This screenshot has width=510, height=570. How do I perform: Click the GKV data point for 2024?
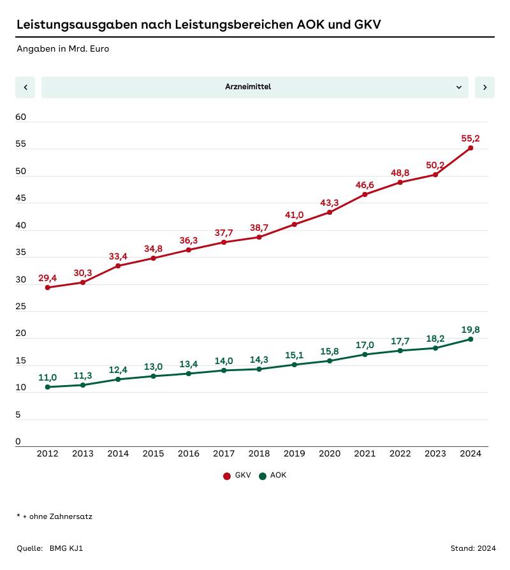point(470,148)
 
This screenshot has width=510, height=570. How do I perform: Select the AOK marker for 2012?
point(48,387)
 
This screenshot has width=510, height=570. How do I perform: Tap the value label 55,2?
point(470,138)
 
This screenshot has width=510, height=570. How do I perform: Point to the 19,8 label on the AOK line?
point(470,330)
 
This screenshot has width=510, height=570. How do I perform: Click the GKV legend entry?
point(237,476)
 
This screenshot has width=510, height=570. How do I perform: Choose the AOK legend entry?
point(273,476)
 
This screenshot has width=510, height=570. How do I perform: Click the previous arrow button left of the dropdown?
point(25,87)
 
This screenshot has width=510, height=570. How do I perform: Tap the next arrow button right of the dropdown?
point(484,87)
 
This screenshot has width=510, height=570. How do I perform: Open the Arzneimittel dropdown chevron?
point(459,87)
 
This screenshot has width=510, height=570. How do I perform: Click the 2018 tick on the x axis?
point(259,454)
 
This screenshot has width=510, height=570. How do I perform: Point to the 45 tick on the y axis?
point(21,198)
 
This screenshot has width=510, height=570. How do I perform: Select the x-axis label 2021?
point(365,454)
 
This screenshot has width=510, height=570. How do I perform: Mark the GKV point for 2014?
point(119,266)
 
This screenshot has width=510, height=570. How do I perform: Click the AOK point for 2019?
point(295,365)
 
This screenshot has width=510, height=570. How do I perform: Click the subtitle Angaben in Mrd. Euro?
point(63,48)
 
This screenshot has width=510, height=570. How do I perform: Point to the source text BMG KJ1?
point(66,548)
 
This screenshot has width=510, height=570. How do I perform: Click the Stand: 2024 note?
point(472,548)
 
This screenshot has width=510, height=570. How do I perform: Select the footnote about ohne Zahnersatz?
point(55,516)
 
